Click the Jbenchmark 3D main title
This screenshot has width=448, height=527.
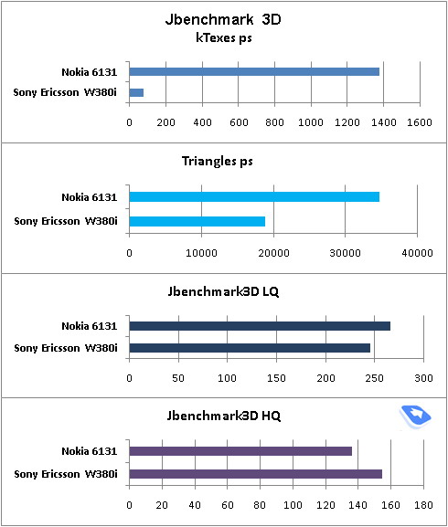tap(223, 20)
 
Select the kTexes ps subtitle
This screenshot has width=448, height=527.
tap(224, 38)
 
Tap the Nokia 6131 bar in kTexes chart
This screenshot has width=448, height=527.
tap(254, 71)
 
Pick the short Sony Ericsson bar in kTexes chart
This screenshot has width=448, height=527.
tap(136, 92)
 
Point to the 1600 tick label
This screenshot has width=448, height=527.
tap(420, 122)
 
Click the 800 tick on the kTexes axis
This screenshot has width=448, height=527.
tap(274, 122)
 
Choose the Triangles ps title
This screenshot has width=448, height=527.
tap(217, 162)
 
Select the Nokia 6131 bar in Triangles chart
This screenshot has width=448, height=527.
tap(254, 197)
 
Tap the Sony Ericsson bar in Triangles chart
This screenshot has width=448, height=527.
tap(197, 222)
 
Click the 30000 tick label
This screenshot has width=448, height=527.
tap(345, 253)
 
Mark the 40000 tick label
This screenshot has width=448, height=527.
tap(418, 253)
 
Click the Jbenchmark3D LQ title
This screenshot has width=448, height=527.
tap(223, 291)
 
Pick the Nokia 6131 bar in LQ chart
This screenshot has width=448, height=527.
tap(260, 326)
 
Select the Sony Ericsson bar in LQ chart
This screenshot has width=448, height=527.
tap(250, 348)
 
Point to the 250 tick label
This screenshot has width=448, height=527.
tap(374, 378)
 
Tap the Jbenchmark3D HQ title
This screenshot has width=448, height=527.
tap(224, 416)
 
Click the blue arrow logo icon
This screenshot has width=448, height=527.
tap(416, 416)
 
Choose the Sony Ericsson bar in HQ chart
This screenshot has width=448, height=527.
tap(256, 474)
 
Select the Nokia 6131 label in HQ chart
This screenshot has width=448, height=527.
tap(89, 451)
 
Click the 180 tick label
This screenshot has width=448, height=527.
tap(423, 505)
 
